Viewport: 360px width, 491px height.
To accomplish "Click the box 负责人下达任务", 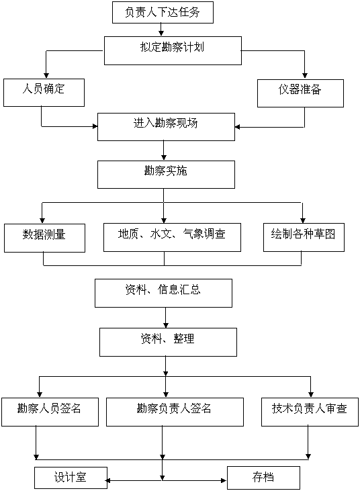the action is pos(163,12).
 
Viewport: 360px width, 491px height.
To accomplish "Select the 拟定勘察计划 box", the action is pos(173,51).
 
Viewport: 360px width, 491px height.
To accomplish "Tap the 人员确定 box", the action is pos(44,93).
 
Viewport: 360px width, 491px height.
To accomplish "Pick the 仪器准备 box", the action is pos(300,93).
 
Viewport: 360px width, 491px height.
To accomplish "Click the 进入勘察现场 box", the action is pos(166,127).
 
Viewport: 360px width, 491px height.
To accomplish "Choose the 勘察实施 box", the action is pos(166,175).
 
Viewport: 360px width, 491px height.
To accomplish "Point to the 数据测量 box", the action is pos(44,238).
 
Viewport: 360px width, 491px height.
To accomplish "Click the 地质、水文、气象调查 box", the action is pos(172,237).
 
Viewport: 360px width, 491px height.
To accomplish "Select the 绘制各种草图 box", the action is pos(304,237).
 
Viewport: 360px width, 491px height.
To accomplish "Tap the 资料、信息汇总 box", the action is pos(163,293).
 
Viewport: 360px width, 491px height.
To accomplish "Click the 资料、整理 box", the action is pos(168,343).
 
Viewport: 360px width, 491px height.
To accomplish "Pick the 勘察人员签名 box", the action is pos(50,412).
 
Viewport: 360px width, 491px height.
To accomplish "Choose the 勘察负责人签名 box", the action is pos(175,412).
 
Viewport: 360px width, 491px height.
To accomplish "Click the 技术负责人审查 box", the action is pos(310,412).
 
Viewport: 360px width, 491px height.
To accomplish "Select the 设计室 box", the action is pos(71,478).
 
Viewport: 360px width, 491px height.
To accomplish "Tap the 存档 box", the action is pos(263,478).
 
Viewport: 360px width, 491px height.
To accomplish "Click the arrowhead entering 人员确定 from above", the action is pos(46,75).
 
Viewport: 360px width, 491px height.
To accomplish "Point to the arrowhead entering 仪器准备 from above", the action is pos(305,75).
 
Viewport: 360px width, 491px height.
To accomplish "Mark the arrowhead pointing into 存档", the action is pos(224,480).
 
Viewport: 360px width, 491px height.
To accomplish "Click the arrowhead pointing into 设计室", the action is pos(107,480).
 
